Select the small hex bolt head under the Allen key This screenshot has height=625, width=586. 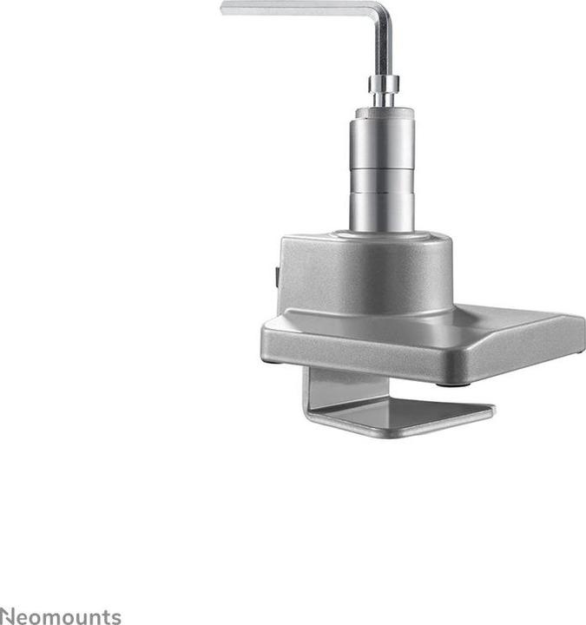[x=383, y=84]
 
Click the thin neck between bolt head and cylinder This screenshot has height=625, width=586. [x=383, y=99]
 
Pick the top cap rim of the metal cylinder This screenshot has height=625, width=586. [x=383, y=113]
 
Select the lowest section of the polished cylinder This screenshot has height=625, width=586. [x=382, y=208]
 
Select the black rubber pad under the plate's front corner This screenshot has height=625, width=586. [x=452, y=383]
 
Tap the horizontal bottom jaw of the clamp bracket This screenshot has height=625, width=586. [x=408, y=421]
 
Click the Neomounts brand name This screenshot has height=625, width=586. [x=61, y=616]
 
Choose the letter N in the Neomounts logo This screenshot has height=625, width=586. [x=7, y=616]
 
